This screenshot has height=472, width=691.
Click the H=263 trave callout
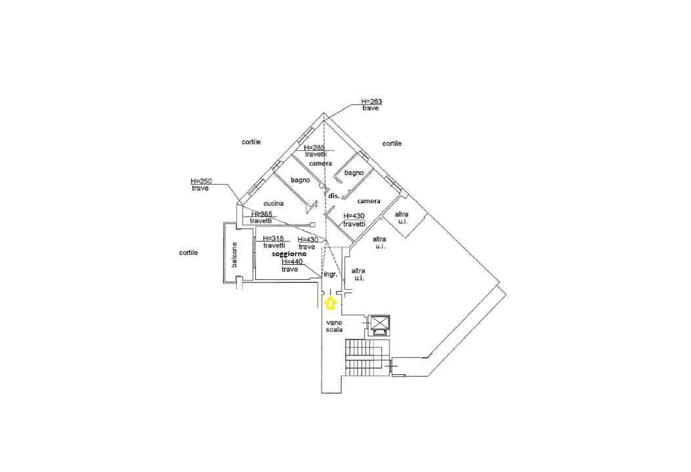[371, 105]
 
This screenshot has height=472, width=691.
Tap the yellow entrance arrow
[331, 302]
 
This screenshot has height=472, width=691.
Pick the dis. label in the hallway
[333, 196]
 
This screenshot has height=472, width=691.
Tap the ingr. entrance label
[330, 275]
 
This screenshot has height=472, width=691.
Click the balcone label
[234, 255]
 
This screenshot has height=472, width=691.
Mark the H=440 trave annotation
[291, 265]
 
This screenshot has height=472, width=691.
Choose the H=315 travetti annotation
[273, 242]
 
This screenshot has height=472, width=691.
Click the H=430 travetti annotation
[354, 220]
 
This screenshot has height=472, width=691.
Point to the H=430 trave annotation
[307, 243]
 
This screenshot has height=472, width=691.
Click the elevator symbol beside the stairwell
[380, 324]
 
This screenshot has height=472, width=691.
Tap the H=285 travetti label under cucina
[262, 218]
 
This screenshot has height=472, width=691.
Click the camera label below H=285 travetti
[320, 163]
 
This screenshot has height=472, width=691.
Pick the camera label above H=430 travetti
[369, 201]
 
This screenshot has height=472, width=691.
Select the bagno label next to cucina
[301, 180]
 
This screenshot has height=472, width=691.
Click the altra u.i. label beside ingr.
[358, 274]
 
